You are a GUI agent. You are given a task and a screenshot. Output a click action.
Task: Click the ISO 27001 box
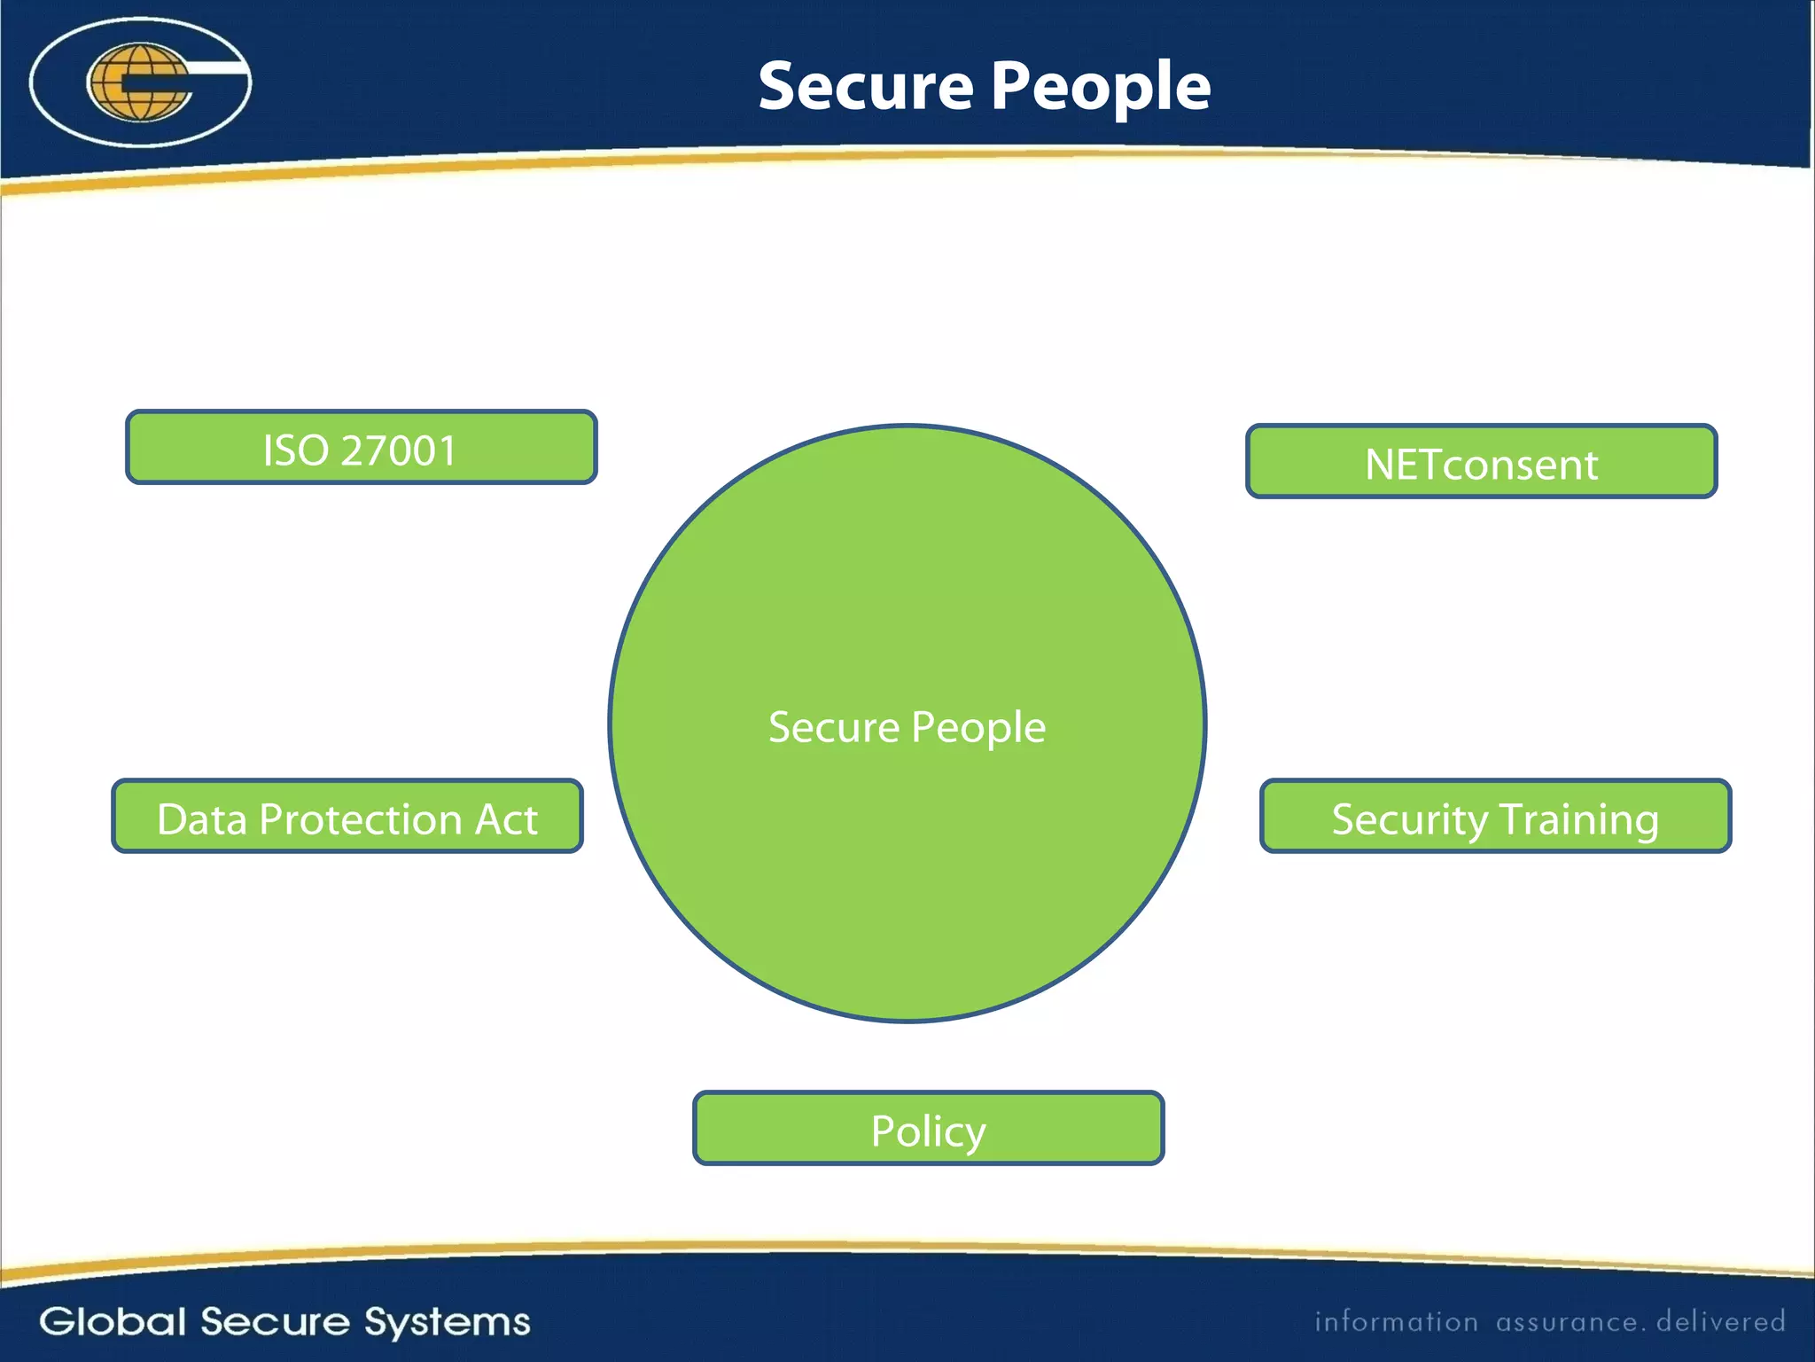click(361, 447)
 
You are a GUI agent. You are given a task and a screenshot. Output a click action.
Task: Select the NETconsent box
click(1481, 461)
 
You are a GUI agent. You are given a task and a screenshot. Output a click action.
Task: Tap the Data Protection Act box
click(347, 816)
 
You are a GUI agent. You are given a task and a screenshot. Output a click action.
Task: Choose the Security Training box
click(1495, 816)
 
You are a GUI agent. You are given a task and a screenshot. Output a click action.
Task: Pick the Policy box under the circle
click(928, 1128)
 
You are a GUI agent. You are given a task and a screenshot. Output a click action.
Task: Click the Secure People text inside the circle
click(907, 727)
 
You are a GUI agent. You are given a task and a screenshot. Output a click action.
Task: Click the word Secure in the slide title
click(866, 87)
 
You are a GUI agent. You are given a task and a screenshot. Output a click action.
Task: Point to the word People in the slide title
click(1100, 87)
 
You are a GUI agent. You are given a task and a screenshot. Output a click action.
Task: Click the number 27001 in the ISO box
click(399, 450)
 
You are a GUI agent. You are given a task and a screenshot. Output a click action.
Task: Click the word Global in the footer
click(113, 1321)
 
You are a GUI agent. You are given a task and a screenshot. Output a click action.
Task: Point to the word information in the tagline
click(1396, 1322)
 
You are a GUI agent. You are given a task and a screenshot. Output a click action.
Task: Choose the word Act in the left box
click(506, 819)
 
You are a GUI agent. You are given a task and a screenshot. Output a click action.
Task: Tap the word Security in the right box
click(1410, 819)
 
